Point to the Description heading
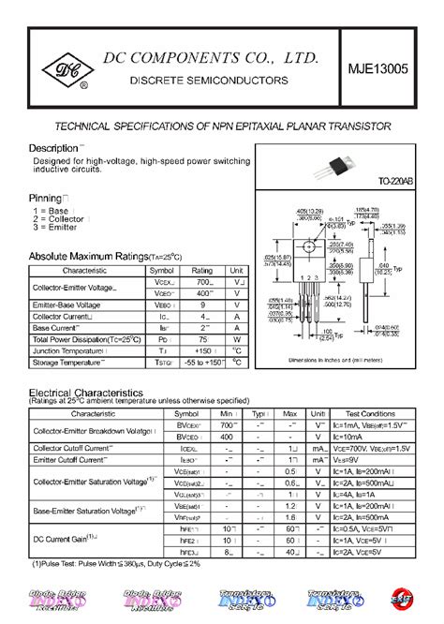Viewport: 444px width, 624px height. tap(54, 148)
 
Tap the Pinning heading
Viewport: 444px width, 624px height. tap(47, 199)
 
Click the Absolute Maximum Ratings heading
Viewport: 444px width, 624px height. tap(105, 256)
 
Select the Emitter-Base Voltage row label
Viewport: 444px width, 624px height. tap(67, 305)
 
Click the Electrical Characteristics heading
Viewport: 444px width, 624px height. tap(99, 392)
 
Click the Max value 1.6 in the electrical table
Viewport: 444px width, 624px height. tap(290, 516)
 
